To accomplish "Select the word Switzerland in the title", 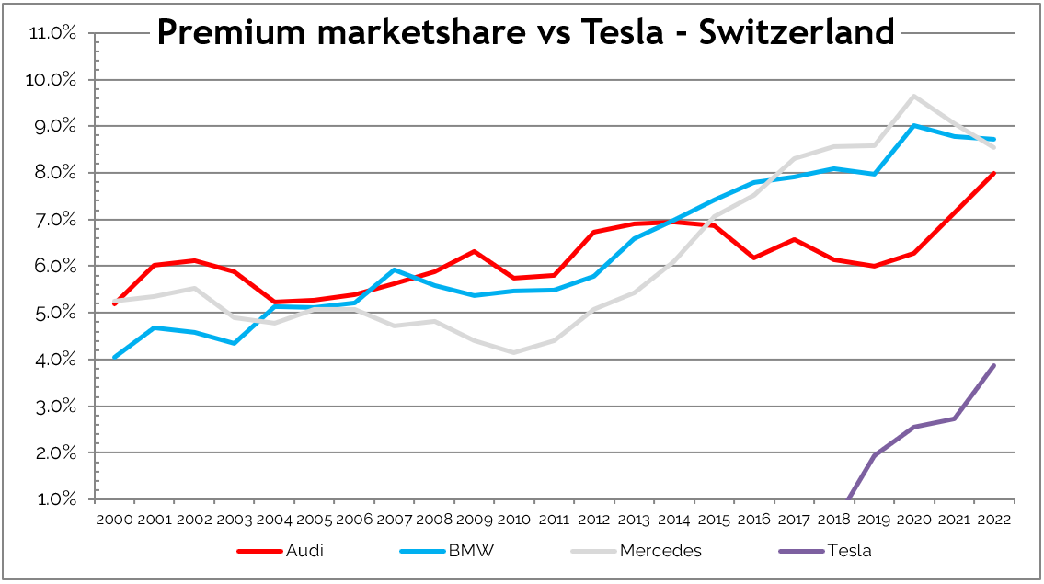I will tap(797, 33).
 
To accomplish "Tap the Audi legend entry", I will tap(305, 551).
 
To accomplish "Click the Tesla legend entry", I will tap(849, 551).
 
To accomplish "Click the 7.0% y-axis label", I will tap(54, 220).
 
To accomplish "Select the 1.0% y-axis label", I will tap(54, 500).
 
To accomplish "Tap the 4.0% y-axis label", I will tap(54, 360).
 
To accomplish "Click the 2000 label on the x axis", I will tap(114, 520).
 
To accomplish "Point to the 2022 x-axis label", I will tap(993, 520).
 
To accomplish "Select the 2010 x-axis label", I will tap(514, 520).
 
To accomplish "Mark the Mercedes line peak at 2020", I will tap(913, 96).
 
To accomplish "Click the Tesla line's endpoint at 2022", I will tap(993, 365).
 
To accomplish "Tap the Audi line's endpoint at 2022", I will tap(993, 172).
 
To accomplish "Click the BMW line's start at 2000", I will tap(114, 357).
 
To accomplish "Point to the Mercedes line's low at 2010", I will tap(514, 352).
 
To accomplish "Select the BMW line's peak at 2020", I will tap(913, 125).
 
